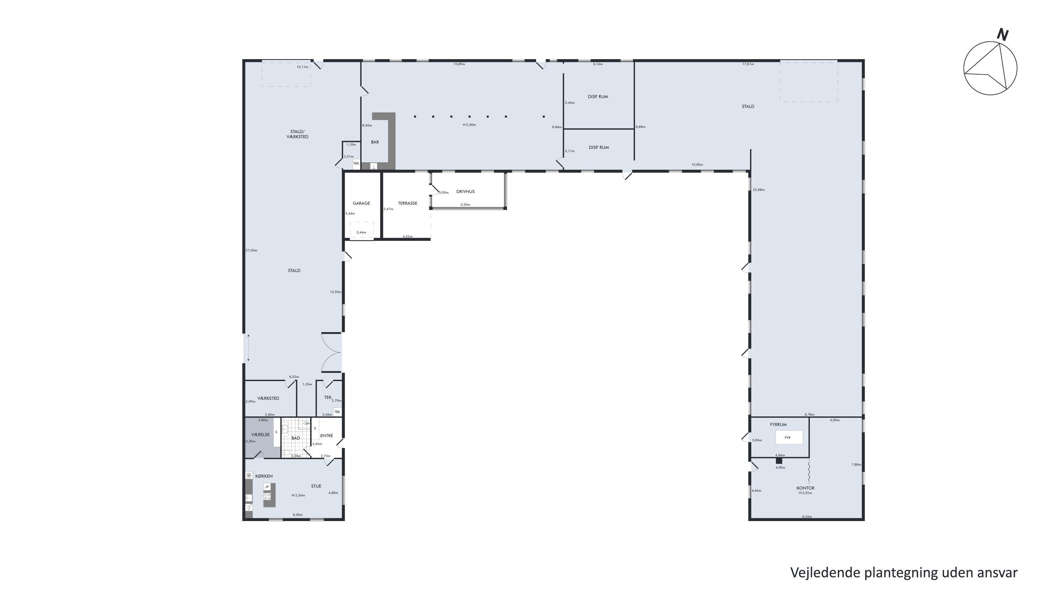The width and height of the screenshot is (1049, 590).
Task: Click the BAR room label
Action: (x=374, y=142)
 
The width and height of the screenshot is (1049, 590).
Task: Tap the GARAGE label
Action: (x=361, y=203)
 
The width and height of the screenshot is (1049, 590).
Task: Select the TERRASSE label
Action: (x=408, y=203)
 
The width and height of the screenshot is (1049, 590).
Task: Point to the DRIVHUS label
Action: (x=465, y=191)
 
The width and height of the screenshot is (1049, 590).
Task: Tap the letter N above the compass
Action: (x=1002, y=35)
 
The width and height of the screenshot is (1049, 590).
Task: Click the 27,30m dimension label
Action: (x=251, y=251)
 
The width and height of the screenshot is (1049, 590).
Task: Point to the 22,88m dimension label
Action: (x=759, y=190)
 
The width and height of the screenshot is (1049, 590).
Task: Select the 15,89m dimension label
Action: (x=459, y=64)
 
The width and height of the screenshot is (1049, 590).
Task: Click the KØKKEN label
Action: (x=264, y=476)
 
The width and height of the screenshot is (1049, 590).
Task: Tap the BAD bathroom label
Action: (x=295, y=438)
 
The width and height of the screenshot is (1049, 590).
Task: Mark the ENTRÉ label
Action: (x=327, y=436)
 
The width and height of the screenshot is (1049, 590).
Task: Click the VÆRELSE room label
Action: (x=261, y=435)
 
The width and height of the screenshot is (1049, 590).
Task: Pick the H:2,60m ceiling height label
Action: (x=469, y=125)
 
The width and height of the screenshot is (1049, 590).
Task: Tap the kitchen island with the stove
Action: (x=269, y=495)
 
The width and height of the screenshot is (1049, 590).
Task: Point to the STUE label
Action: (x=316, y=486)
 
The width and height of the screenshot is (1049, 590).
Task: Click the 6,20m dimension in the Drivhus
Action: (x=465, y=205)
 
